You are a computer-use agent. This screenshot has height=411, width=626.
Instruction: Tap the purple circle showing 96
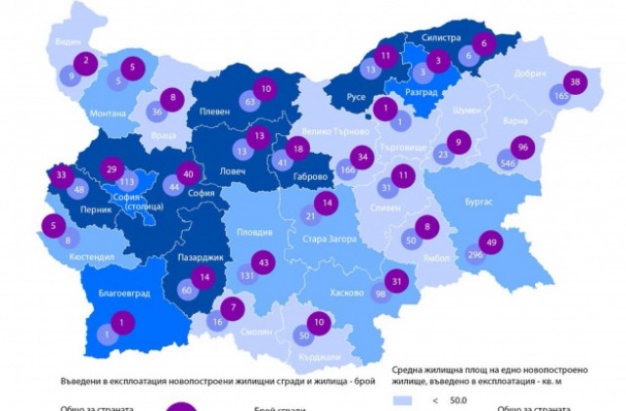pyautogui.click(x=524, y=148)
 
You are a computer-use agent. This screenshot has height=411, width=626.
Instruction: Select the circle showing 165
pyautogui.click(x=561, y=97)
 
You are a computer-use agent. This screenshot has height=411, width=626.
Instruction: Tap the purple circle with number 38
pyautogui.click(x=576, y=82)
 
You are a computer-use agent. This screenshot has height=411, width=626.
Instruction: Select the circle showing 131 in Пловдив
pyautogui.click(x=247, y=276)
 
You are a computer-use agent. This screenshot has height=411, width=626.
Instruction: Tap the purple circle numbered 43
pyautogui.click(x=263, y=262)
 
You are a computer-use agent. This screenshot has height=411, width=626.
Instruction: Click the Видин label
pyautogui.click(x=67, y=42)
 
